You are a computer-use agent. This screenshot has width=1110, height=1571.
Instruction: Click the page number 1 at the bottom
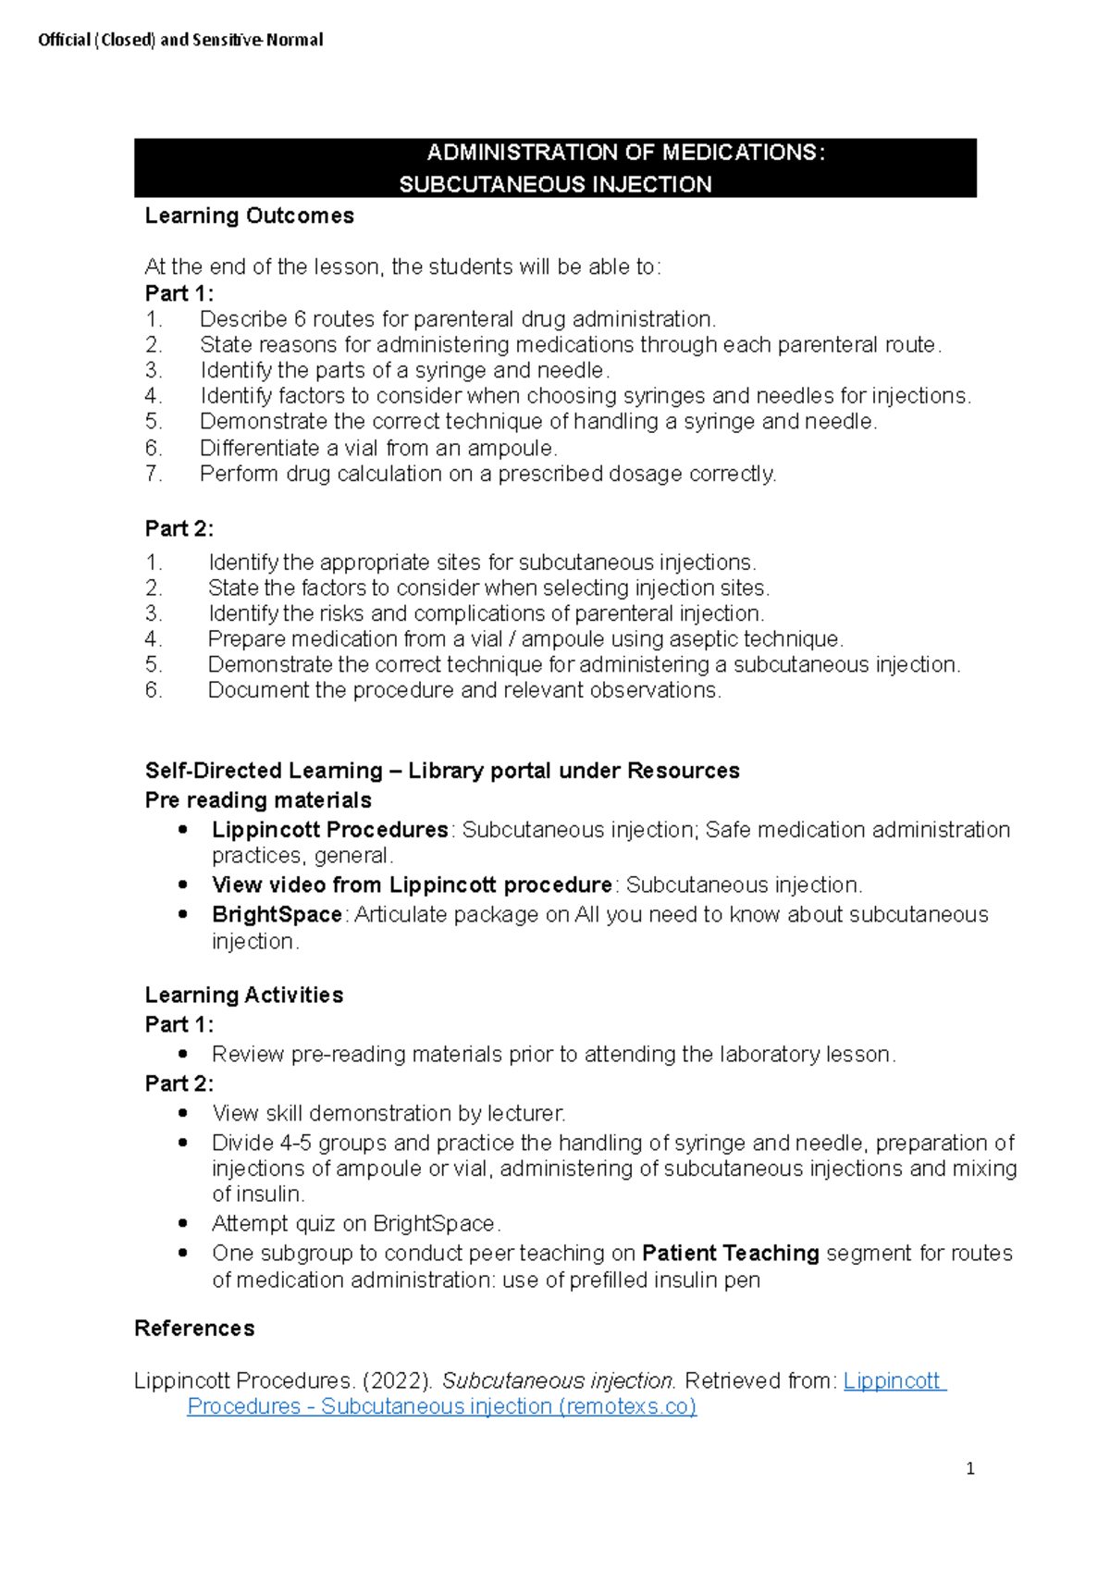point(969,1468)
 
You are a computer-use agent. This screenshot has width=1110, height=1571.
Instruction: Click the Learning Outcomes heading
point(249,216)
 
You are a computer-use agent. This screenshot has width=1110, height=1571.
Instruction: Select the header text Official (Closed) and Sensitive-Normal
point(180,40)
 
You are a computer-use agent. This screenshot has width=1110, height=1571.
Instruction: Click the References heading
point(194,1328)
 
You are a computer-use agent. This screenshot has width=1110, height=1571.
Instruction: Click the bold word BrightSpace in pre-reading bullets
point(277,914)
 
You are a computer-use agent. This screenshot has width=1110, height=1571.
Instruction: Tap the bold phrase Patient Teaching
point(730,1253)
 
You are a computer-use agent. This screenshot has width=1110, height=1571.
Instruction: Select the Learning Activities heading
point(243,995)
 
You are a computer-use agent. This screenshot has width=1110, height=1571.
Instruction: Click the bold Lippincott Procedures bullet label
point(329,830)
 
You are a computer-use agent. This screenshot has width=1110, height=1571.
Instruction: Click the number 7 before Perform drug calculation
point(153,474)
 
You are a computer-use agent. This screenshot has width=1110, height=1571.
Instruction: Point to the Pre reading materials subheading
point(258,799)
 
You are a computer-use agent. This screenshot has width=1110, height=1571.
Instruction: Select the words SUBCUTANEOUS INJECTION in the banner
point(555,184)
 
